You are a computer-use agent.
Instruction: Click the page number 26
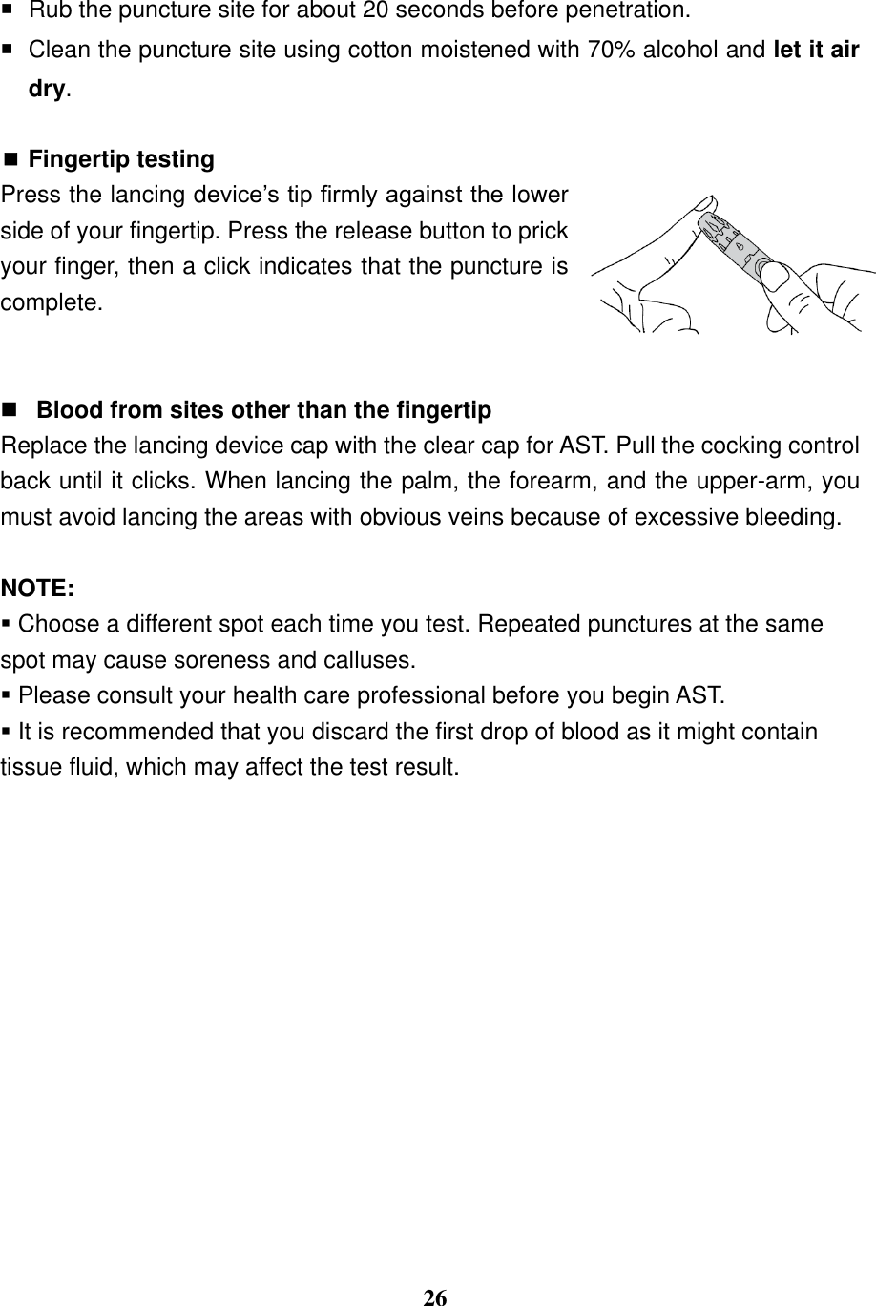tap(435, 1297)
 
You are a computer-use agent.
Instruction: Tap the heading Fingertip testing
tap(122, 158)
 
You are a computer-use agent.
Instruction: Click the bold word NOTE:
tap(38, 588)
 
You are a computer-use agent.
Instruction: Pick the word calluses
tap(373, 659)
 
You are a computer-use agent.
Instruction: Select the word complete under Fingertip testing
tap(51, 303)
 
